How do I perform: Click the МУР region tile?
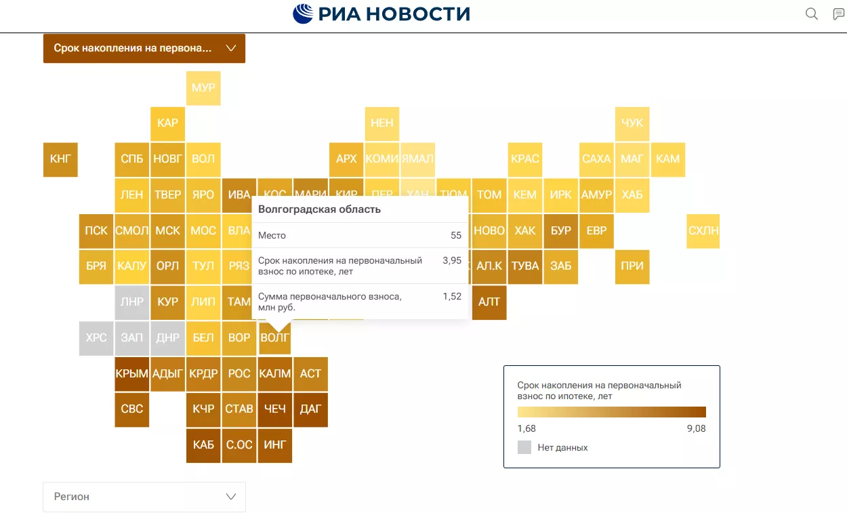[x=203, y=87]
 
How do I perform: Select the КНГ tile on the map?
[x=60, y=159]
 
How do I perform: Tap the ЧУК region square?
[x=632, y=123]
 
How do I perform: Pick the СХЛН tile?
[x=703, y=230]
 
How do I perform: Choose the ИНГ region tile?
[x=274, y=445]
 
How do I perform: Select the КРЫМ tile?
[x=132, y=373]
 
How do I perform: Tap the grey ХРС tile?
[x=96, y=337]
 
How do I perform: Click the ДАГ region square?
[x=310, y=409]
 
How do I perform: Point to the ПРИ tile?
[x=632, y=266]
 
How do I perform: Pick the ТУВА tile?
[x=525, y=266]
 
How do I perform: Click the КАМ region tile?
[x=668, y=159]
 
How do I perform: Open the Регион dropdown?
[x=144, y=497]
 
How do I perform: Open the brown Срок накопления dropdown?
[x=144, y=49]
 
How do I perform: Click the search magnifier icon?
[x=811, y=14]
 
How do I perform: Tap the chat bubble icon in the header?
[x=839, y=14]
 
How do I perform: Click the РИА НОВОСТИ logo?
[x=381, y=14]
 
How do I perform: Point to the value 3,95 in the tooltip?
[x=452, y=260]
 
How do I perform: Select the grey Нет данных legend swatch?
[x=524, y=447]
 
